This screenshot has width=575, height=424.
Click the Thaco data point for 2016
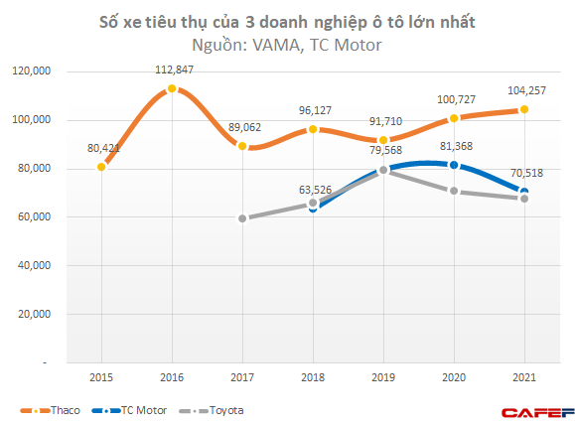point(172,88)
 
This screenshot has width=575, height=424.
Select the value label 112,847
point(172,71)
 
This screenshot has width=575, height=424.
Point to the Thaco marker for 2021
point(524,109)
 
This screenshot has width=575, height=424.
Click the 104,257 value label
point(524,90)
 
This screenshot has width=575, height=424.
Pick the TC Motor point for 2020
point(454,165)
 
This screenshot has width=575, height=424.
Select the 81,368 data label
point(454,147)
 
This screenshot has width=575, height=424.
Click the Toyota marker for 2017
point(242,218)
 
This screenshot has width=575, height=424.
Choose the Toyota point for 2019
point(383,170)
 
